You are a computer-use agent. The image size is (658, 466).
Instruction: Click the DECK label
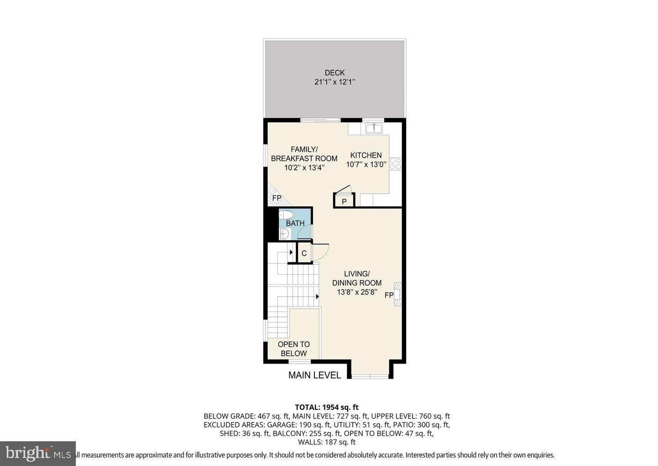[334, 73]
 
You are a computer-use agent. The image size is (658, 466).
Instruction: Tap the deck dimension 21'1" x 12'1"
[334, 82]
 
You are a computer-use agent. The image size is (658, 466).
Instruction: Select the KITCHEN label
[366, 155]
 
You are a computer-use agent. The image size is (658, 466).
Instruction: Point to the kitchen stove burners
[396, 164]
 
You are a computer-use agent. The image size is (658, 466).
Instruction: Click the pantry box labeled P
[344, 201]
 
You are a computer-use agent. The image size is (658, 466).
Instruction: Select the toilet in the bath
[287, 215]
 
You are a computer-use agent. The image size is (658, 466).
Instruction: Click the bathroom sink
[284, 234]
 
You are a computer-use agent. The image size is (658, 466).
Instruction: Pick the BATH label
[295, 223]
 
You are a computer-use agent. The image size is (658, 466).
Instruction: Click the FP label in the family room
[276, 198]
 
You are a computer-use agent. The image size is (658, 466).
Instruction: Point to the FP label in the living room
[389, 296]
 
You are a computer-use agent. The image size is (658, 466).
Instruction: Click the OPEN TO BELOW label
[293, 349]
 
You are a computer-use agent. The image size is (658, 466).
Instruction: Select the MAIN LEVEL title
[314, 376]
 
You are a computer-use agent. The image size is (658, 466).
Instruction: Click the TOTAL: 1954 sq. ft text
[327, 407]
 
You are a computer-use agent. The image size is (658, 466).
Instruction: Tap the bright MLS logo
[37, 453]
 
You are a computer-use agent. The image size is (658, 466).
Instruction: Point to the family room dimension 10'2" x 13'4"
[304, 168]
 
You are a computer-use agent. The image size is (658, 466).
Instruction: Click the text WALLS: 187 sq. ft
[327, 442]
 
